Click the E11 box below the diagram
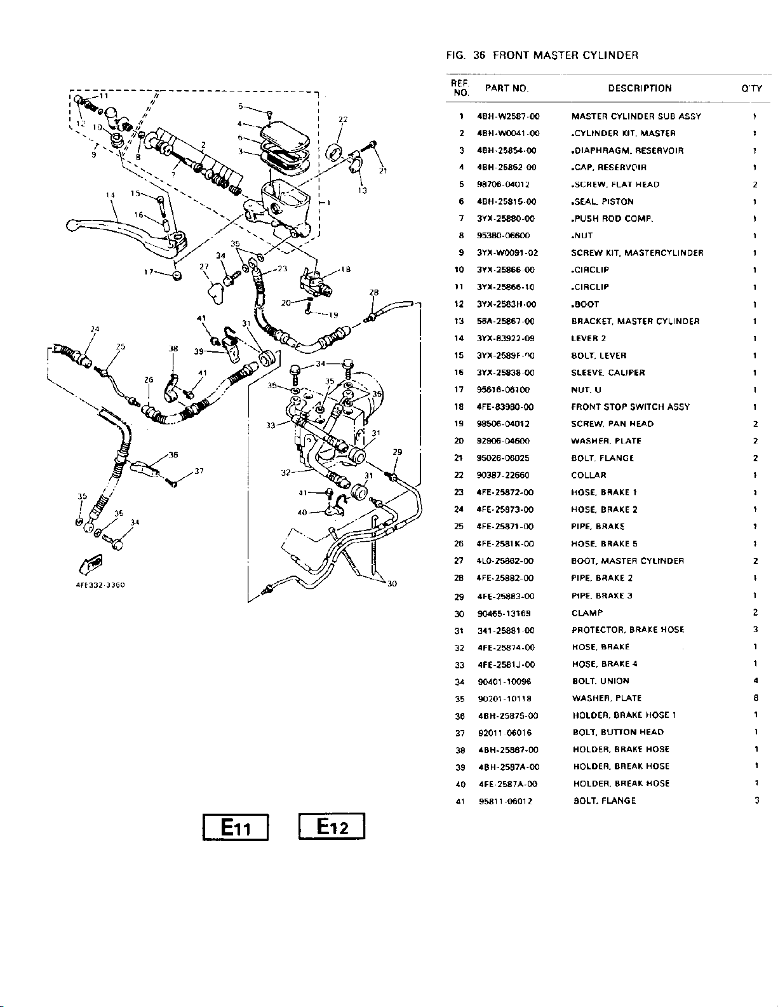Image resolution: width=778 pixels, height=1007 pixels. pyautogui.click(x=236, y=827)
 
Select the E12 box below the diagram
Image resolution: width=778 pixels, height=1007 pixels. pyautogui.click(x=332, y=827)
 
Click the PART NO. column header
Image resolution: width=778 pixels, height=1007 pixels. pyautogui.click(x=506, y=88)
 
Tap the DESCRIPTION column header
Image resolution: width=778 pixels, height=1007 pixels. pyautogui.click(x=639, y=88)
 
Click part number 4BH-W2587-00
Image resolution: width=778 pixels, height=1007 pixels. pyautogui.click(x=507, y=116)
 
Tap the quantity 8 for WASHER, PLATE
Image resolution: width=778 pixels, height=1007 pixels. pyautogui.click(x=755, y=698)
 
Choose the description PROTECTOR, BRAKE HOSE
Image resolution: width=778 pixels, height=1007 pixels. pyautogui.click(x=627, y=630)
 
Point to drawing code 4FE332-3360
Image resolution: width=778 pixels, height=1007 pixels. pyautogui.click(x=95, y=585)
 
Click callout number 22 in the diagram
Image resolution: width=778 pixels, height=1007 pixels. pyautogui.click(x=343, y=119)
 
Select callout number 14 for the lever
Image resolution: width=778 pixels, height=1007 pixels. pyautogui.click(x=110, y=194)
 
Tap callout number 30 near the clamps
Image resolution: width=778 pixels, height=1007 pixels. pyautogui.click(x=392, y=583)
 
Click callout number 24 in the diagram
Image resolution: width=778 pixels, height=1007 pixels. pyautogui.click(x=95, y=329)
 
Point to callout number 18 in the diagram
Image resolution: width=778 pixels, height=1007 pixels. pyautogui.click(x=346, y=268)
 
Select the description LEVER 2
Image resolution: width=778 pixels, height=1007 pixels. pyautogui.click(x=588, y=339)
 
